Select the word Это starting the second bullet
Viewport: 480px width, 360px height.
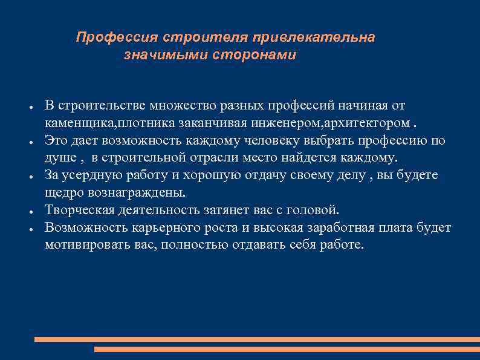57,141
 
